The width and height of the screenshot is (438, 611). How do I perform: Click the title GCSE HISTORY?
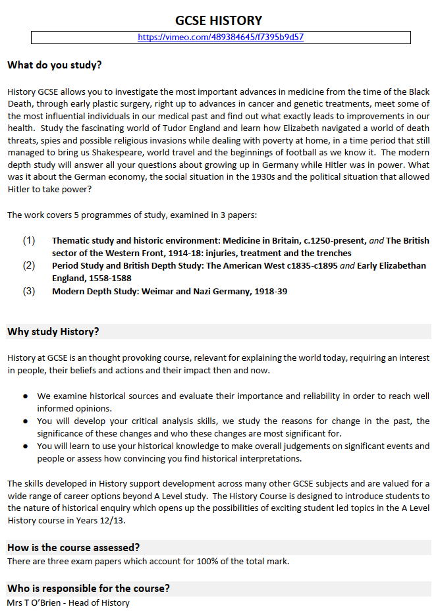(x=219, y=20)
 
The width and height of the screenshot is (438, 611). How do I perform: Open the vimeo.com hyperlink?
(x=221, y=38)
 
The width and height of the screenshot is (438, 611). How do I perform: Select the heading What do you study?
(x=55, y=66)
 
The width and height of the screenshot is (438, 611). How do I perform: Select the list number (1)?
(x=29, y=241)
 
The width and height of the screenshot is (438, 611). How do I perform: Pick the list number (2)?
(x=29, y=266)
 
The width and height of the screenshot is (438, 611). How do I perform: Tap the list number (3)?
(x=29, y=291)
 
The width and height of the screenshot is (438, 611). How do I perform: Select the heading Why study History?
(x=53, y=332)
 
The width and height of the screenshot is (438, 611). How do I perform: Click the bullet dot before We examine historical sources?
(x=25, y=396)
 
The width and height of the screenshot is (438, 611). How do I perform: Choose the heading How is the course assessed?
(x=73, y=548)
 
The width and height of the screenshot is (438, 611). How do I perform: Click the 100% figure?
(x=207, y=562)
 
